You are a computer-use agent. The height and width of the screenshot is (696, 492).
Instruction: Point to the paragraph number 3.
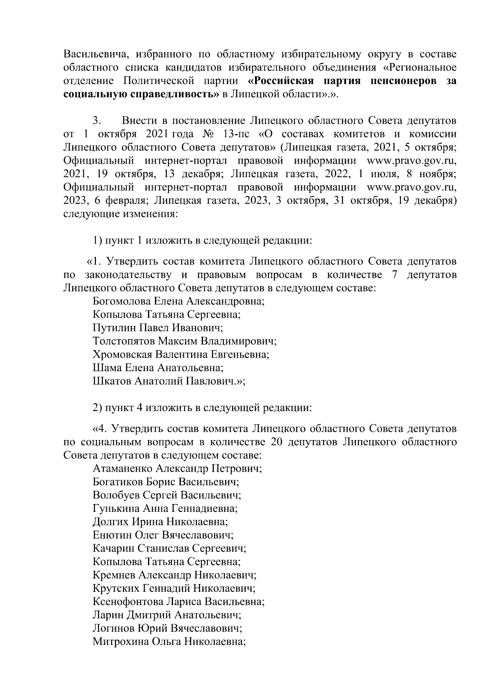coord(97,121)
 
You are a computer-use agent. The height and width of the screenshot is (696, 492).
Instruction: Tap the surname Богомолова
coord(122,301)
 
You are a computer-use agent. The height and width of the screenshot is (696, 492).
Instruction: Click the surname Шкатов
coord(112,381)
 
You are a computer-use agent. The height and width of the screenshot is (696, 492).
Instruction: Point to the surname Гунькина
coord(116,509)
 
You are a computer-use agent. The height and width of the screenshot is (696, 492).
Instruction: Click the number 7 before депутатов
coord(394,274)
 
